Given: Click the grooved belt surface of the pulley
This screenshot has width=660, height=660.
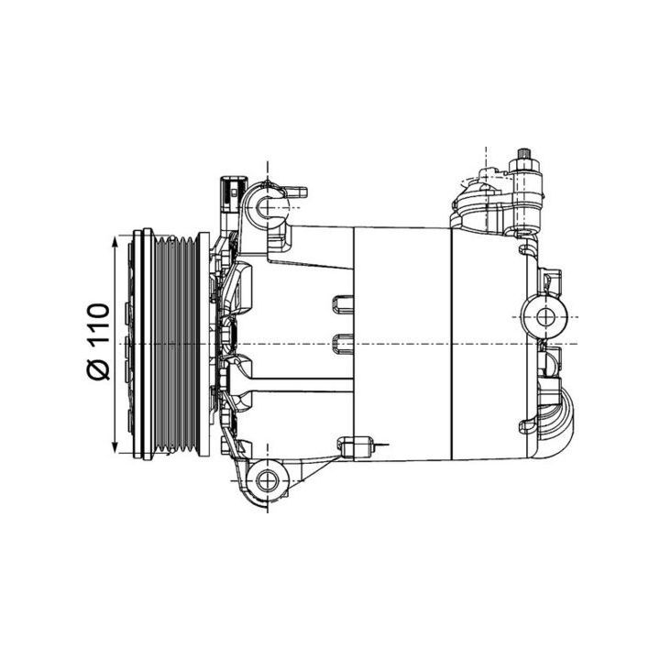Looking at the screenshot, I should pyautogui.click(x=173, y=345).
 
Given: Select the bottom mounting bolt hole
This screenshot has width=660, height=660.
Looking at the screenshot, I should pyautogui.click(x=267, y=478).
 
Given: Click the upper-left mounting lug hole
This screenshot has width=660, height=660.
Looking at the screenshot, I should pyautogui.click(x=267, y=206).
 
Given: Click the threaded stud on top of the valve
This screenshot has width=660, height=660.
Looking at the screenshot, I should pyautogui.click(x=529, y=154).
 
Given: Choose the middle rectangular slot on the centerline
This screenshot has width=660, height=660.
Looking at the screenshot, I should pyautogui.click(x=341, y=344).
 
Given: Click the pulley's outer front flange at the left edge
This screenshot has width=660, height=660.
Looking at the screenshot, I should pyautogui.click(x=137, y=345).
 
